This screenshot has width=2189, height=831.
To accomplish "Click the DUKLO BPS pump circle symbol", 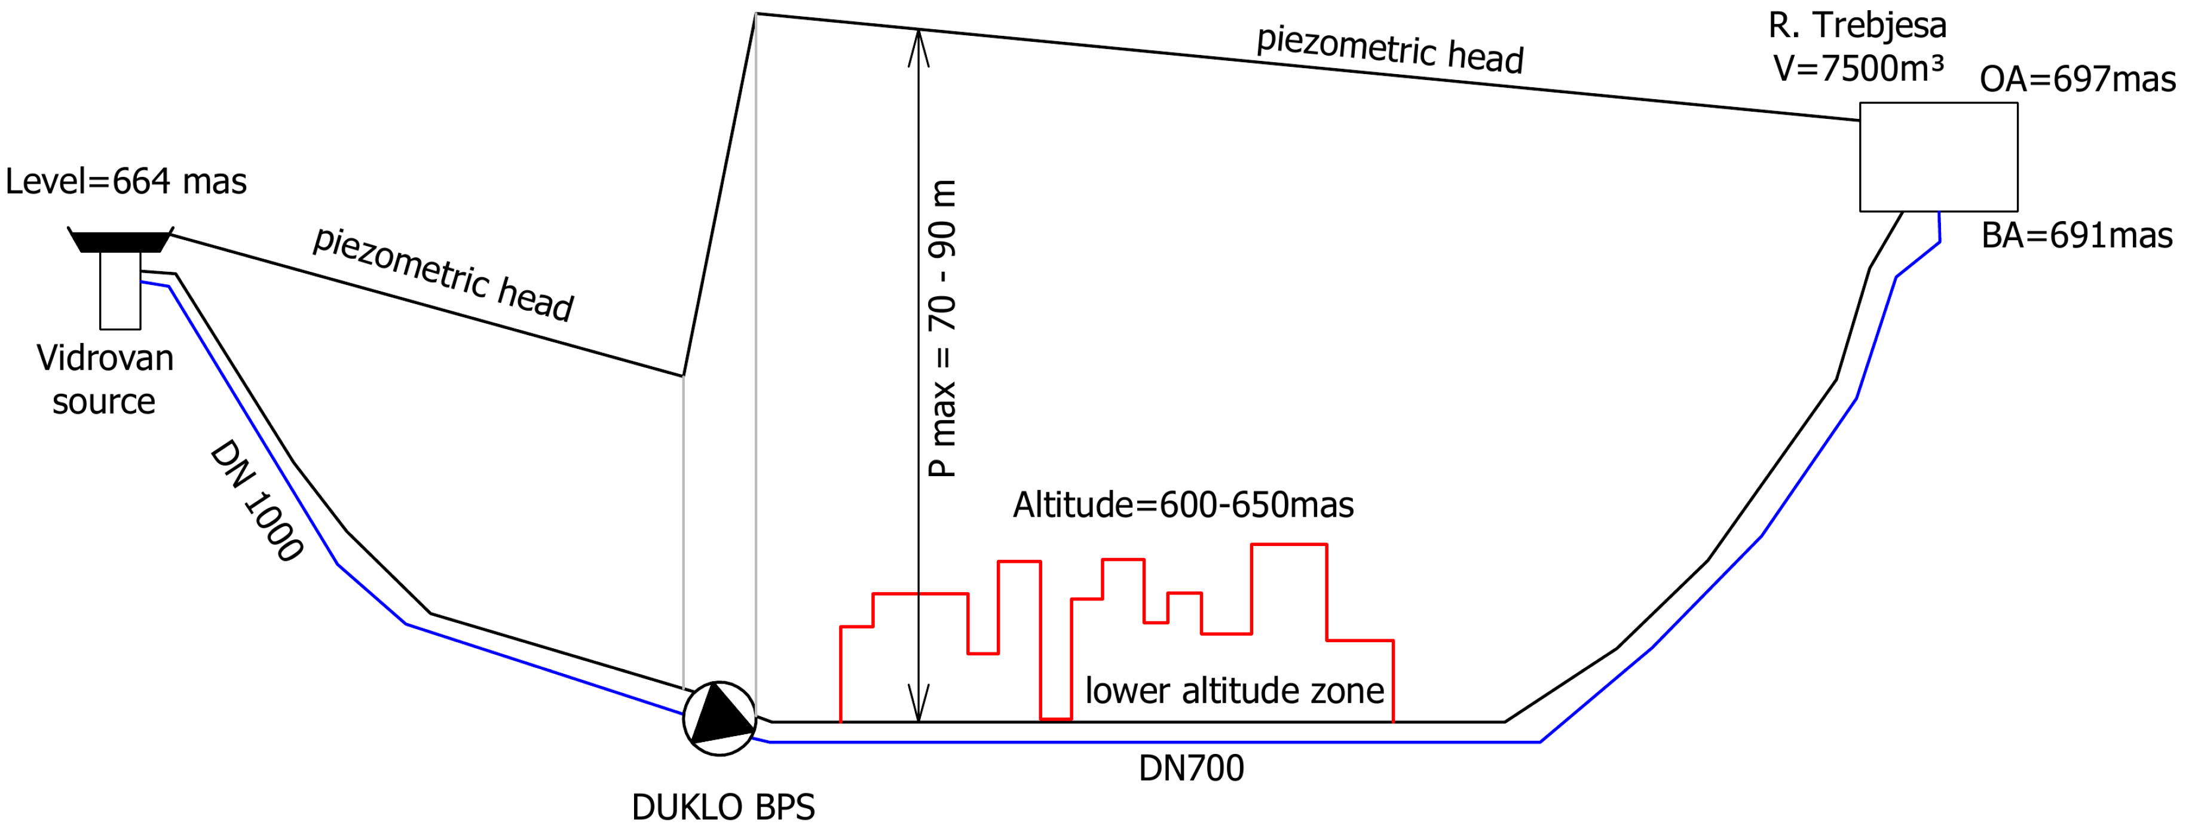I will (x=719, y=718).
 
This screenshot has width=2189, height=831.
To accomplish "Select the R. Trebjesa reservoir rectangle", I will (x=1939, y=157).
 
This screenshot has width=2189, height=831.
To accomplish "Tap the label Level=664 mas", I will (x=125, y=182).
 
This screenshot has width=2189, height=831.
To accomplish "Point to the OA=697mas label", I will (x=2077, y=79).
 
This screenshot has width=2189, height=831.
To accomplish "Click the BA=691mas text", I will (x=2076, y=235).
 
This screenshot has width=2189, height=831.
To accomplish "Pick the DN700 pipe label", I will (x=1190, y=768).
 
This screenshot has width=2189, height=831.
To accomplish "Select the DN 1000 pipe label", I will (x=256, y=501).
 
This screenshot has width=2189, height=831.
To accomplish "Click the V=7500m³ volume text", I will (x=1857, y=68).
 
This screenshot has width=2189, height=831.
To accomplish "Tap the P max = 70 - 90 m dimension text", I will (x=942, y=329).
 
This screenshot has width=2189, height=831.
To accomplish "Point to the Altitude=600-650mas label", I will (x=1183, y=505).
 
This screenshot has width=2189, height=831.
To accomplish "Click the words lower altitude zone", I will (x=1234, y=690).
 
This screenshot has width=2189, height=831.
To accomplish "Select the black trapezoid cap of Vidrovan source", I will (x=121, y=241).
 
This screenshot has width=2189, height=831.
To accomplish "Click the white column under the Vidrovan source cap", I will (x=120, y=290).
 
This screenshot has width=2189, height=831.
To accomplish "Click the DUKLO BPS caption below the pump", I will (x=723, y=807).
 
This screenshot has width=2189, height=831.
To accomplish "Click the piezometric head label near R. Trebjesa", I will (x=1389, y=48).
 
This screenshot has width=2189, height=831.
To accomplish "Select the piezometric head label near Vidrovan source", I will (x=443, y=274).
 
